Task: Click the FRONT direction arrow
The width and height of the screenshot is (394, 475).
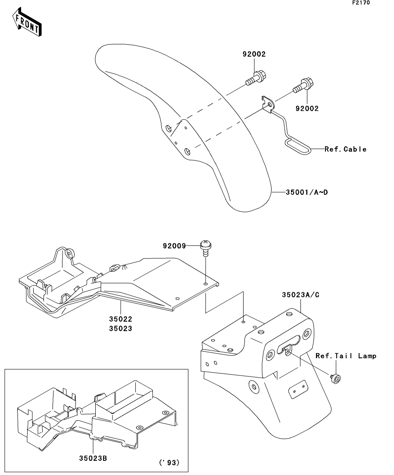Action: pyautogui.click(x=27, y=22)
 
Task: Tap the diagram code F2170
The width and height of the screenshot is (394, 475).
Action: pyautogui.click(x=361, y=3)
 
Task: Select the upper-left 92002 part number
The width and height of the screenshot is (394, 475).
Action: pyautogui.click(x=254, y=54)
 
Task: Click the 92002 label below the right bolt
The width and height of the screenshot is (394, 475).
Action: pyautogui.click(x=307, y=109)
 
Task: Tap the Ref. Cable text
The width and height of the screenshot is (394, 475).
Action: pyautogui.click(x=345, y=149)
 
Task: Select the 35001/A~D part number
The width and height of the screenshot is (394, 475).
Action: pyautogui.click(x=306, y=192)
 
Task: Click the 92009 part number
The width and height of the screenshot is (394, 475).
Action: pyautogui.click(x=175, y=245)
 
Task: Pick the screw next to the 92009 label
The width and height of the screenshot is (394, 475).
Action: pyautogui.click(x=206, y=248)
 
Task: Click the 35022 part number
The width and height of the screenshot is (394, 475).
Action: pyautogui.click(x=121, y=319)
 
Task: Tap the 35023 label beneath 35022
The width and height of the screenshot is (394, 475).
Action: pyautogui.click(x=121, y=329)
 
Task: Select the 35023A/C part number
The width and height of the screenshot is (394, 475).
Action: pyautogui.click(x=300, y=295)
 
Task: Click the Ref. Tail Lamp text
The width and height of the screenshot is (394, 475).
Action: pyautogui.click(x=346, y=356)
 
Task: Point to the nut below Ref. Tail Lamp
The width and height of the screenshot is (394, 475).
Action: pyautogui.click(x=335, y=379)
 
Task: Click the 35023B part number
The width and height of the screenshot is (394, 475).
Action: pyautogui.click(x=93, y=458)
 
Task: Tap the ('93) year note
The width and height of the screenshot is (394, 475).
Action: pyautogui.click(x=169, y=463)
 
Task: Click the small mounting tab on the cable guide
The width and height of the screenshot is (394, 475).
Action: pyautogui.click(x=268, y=103)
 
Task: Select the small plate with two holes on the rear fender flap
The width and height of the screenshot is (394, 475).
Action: pyautogui.click(x=298, y=389)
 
